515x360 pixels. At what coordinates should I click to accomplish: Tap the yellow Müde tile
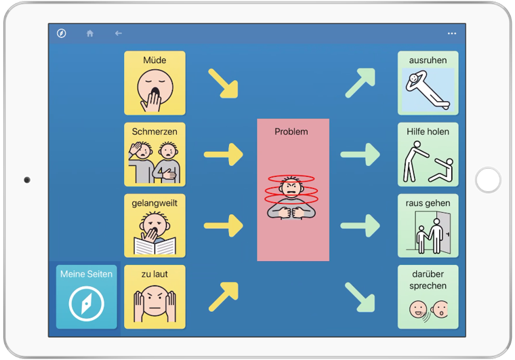click(154, 83)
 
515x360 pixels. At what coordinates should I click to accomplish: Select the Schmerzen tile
click(154, 155)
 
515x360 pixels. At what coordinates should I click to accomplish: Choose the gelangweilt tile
click(154, 226)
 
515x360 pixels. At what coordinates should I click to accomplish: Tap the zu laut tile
click(154, 297)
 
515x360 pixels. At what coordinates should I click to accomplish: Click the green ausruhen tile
click(428, 83)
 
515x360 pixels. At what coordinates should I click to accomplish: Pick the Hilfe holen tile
click(428, 155)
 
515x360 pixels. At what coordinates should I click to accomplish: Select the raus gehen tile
click(428, 226)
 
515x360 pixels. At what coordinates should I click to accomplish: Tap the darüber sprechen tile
click(428, 297)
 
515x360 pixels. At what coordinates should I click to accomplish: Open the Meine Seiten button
click(86, 297)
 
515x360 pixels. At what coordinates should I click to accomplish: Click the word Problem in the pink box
click(291, 132)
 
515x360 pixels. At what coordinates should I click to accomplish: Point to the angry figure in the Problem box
click(291, 197)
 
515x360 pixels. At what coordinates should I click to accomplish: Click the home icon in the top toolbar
click(90, 33)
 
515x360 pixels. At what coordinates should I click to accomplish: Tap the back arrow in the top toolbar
click(119, 33)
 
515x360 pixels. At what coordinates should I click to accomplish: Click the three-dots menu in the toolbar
click(452, 33)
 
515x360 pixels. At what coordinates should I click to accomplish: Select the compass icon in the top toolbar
click(62, 33)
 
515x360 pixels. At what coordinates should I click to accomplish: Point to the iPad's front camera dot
click(27, 180)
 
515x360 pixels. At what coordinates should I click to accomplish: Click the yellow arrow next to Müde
click(224, 83)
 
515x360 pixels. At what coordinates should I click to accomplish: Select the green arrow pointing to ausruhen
click(360, 83)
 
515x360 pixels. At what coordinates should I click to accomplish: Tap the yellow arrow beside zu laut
click(224, 296)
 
